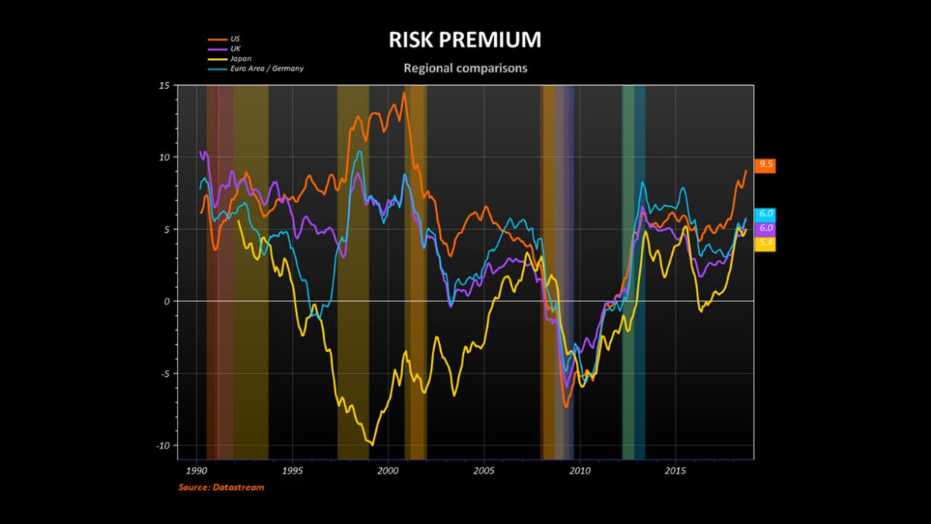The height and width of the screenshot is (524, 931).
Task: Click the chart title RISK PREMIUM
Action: (465, 40)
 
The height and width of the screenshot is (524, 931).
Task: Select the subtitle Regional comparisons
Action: (465, 68)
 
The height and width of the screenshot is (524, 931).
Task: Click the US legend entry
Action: (236, 38)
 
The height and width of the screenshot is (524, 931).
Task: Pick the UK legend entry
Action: (236, 48)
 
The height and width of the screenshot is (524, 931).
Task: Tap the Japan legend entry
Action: (241, 58)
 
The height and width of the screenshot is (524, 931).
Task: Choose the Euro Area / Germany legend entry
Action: (267, 68)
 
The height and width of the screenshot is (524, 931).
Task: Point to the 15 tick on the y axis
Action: (164, 86)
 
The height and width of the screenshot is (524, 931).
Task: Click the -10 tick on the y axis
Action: (163, 446)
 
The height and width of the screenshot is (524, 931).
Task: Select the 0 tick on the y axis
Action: (167, 302)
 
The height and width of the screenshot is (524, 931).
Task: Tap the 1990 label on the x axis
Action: (196, 472)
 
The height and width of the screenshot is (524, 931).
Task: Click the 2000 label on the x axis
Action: (388, 472)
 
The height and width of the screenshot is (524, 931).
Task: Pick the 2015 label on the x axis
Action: (675, 472)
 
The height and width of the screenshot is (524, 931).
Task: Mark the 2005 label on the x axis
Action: (483, 472)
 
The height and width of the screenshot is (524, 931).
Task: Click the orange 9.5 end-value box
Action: (765, 165)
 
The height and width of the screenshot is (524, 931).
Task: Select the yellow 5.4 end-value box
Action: (765, 243)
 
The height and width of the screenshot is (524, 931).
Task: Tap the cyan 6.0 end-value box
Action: (765, 213)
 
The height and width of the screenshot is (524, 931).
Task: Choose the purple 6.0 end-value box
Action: (765, 228)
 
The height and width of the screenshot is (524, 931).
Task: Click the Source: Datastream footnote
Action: (221, 487)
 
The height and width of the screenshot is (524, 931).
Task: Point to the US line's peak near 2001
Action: (404, 93)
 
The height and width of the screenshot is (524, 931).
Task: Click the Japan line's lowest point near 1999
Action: (372, 445)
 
